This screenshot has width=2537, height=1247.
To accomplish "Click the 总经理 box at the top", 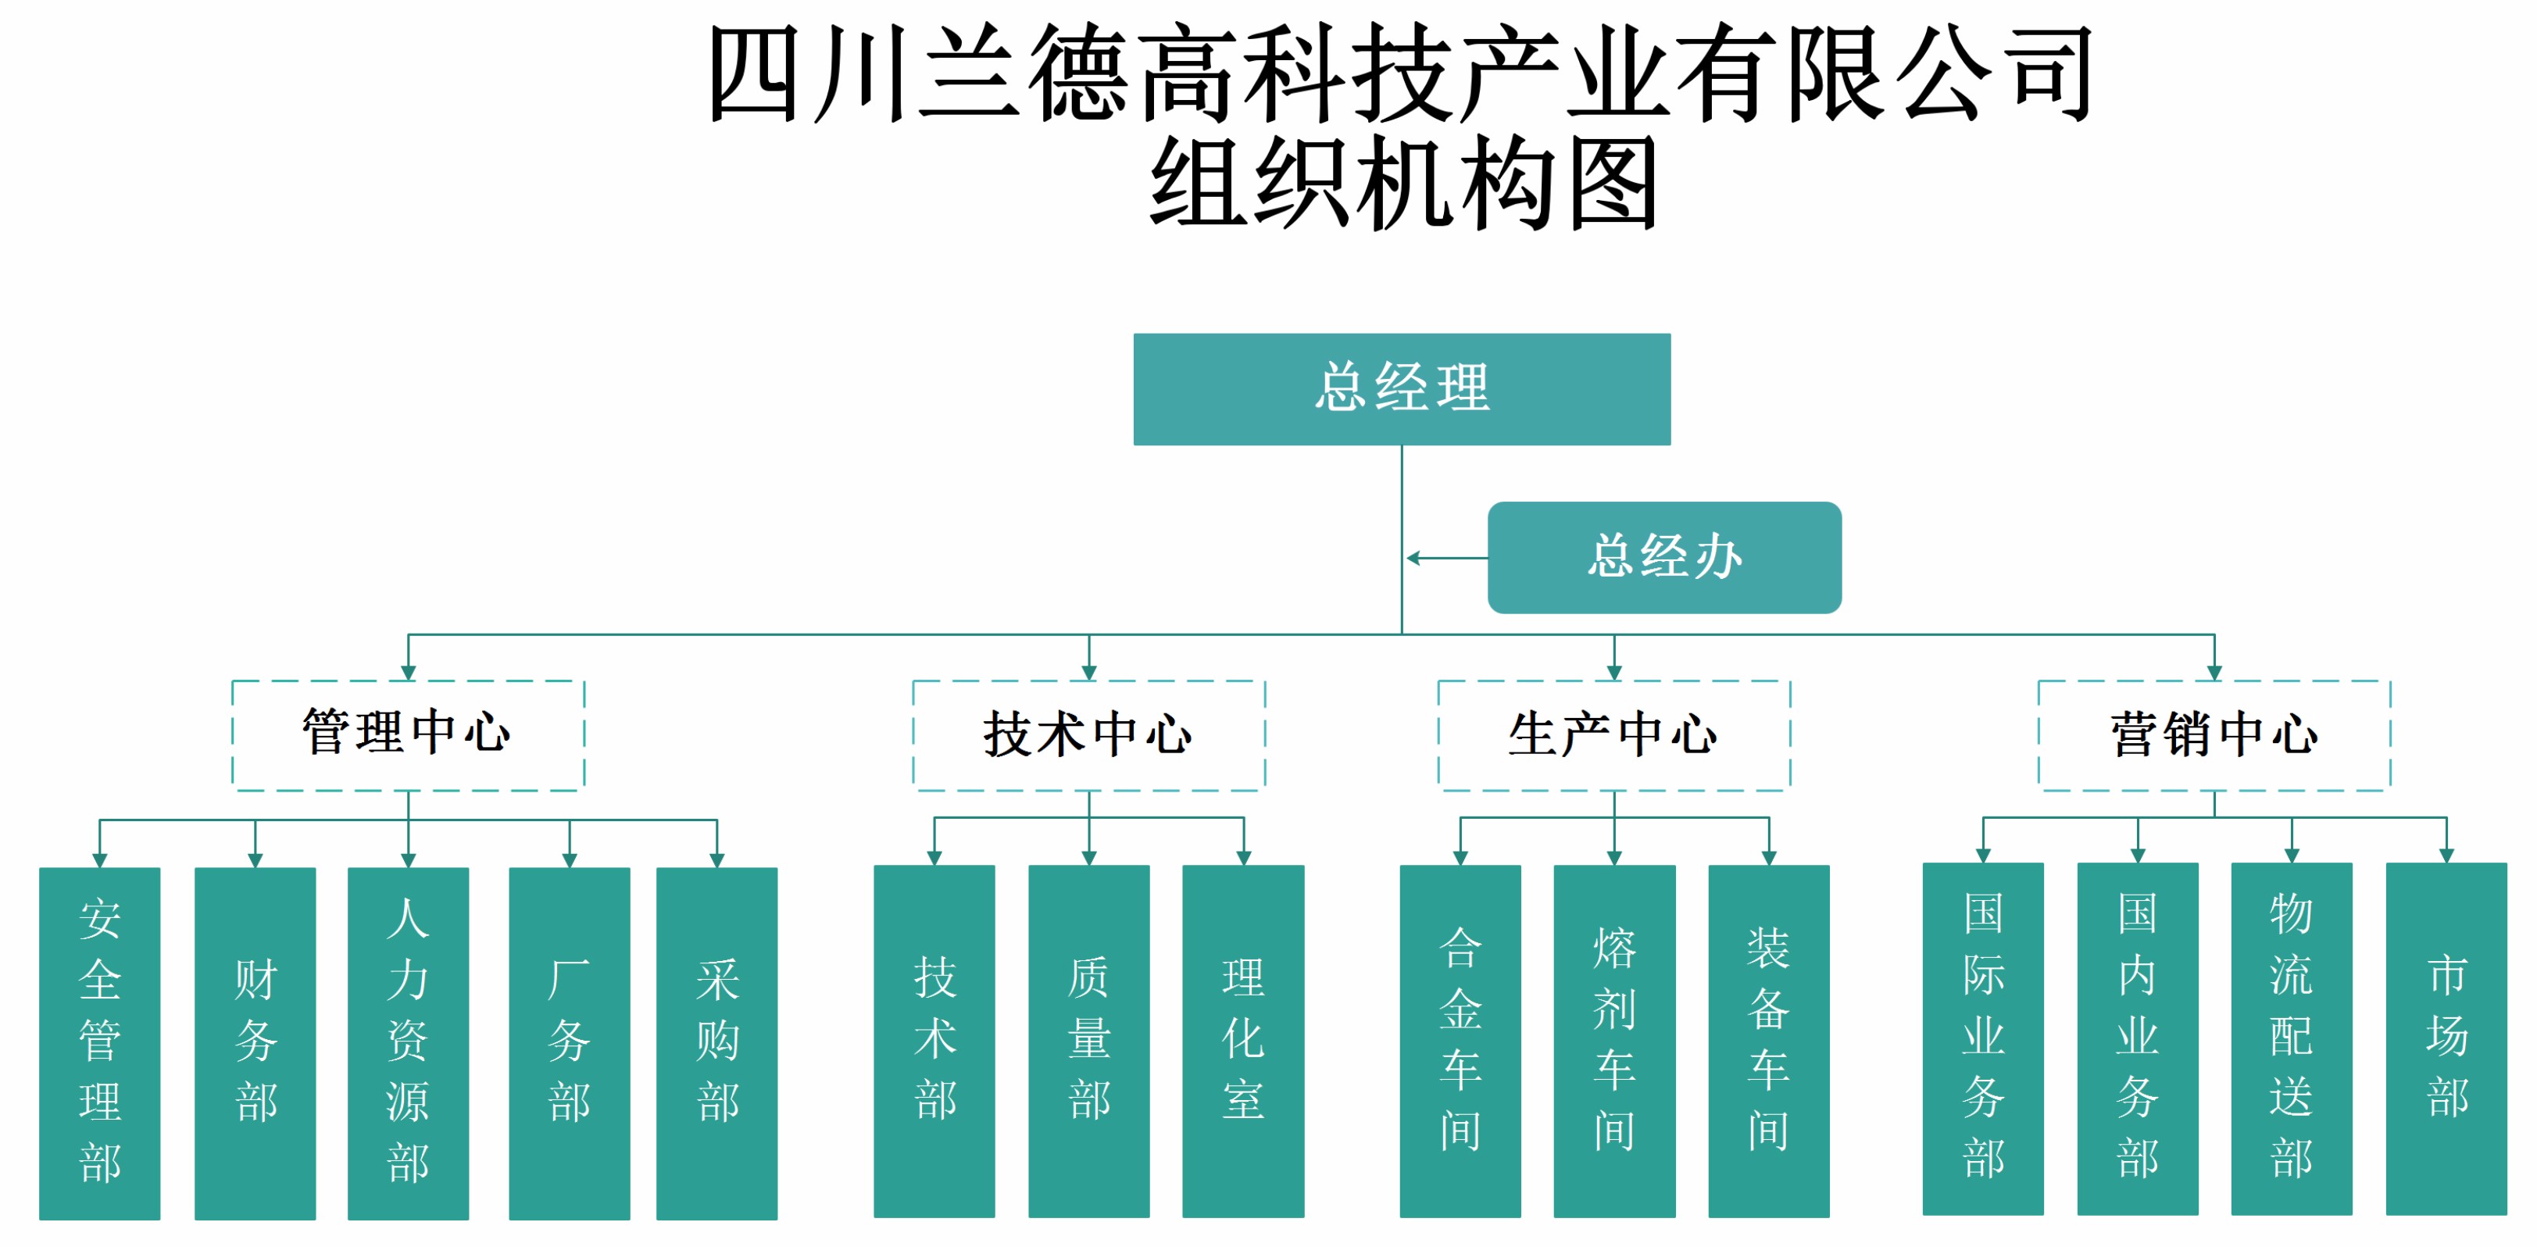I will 1402,389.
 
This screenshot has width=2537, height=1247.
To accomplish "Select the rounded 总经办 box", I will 1664,558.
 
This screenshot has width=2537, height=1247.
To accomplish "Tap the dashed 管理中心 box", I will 408,734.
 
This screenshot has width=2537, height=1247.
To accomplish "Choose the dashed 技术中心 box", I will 1088,734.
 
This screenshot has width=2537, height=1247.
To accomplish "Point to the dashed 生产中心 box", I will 1613,734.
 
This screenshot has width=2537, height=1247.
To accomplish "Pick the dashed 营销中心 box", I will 2214,734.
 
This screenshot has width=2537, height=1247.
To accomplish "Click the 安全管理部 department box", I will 99,1042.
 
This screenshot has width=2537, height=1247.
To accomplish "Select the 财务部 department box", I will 255,1042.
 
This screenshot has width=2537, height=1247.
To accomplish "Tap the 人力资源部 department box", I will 408,1042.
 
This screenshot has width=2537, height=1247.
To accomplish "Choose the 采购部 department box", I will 717,1042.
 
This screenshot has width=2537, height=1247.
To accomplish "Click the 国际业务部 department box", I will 1982,1038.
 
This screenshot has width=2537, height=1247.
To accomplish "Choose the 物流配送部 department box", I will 2292,1038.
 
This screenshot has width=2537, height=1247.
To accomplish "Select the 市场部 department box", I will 2446,1038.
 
